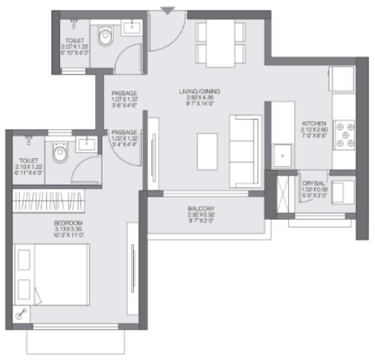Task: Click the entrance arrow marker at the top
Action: click(x=168, y=10)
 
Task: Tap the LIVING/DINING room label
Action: click(x=200, y=92)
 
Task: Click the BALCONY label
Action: click(x=202, y=209)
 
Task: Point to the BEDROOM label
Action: click(x=67, y=223)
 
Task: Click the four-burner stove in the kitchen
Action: click(x=344, y=134)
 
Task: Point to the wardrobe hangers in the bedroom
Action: click(x=48, y=201)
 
